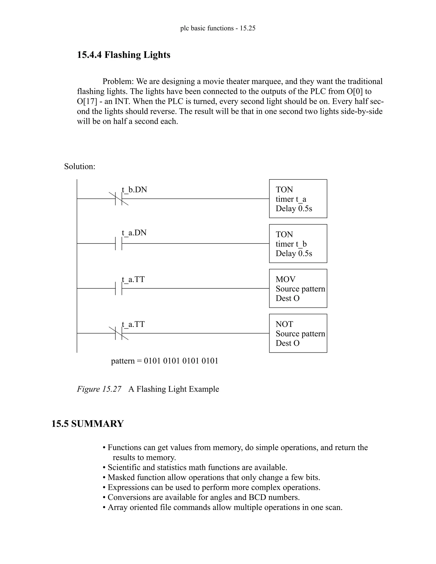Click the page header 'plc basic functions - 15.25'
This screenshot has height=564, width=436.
coord(218,28)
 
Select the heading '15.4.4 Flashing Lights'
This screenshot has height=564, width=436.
coord(123,55)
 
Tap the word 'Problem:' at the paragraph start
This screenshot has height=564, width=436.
coord(118,81)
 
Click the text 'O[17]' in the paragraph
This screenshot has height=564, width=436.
coord(87,101)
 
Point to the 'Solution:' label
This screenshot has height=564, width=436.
coord(80,166)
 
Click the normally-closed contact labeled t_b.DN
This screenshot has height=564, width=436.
coord(119,199)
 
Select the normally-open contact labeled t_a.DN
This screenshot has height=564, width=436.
coord(119,243)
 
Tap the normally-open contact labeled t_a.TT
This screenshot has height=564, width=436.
coord(119,288)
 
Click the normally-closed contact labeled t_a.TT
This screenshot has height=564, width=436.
coord(119,333)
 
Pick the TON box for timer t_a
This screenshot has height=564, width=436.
coord(298,199)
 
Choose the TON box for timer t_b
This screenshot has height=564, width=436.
coord(298,243)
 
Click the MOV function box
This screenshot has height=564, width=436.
coord(298,288)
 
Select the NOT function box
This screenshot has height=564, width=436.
coord(298,333)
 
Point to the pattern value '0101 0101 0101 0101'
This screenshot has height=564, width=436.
coord(181,361)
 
